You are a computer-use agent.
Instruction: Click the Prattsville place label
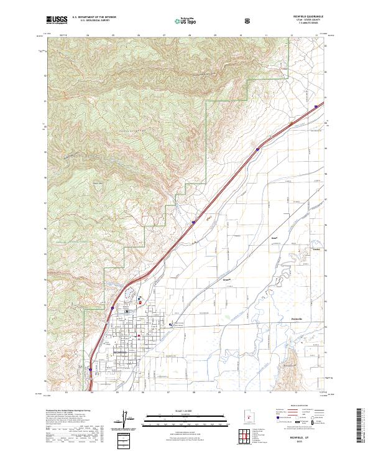pyautogui.click(x=297, y=319)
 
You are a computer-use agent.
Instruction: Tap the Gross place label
pyautogui.click(x=226, y=279)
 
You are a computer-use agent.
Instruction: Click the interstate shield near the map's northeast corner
pyautogui.click(x=316, y=106)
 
